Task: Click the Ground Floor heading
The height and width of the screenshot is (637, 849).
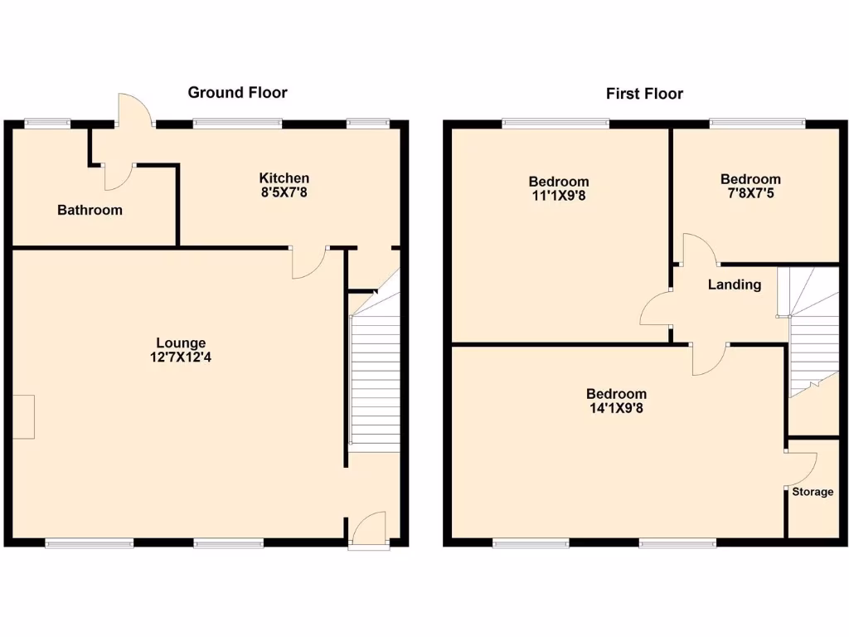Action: [237, 92]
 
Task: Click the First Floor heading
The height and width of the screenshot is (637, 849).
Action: [644, 94]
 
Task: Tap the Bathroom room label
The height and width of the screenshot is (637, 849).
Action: [90, 210]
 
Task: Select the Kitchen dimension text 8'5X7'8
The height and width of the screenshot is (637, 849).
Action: [284, 192]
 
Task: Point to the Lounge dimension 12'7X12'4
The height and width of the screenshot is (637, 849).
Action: [181, 357]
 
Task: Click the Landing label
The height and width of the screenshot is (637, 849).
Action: [734, 284]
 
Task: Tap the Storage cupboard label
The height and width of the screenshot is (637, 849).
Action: [812, 492]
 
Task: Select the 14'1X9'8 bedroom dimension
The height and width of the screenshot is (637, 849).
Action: [616, 408]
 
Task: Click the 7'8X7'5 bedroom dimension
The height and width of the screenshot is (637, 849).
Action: [750, 193]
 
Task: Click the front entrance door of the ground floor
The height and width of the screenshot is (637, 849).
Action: [367, 531]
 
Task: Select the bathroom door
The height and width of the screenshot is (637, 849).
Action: [118, 174]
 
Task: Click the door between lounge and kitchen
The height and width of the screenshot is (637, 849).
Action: [309, 262]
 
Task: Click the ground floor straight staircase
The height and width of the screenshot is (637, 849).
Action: [375, 382]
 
